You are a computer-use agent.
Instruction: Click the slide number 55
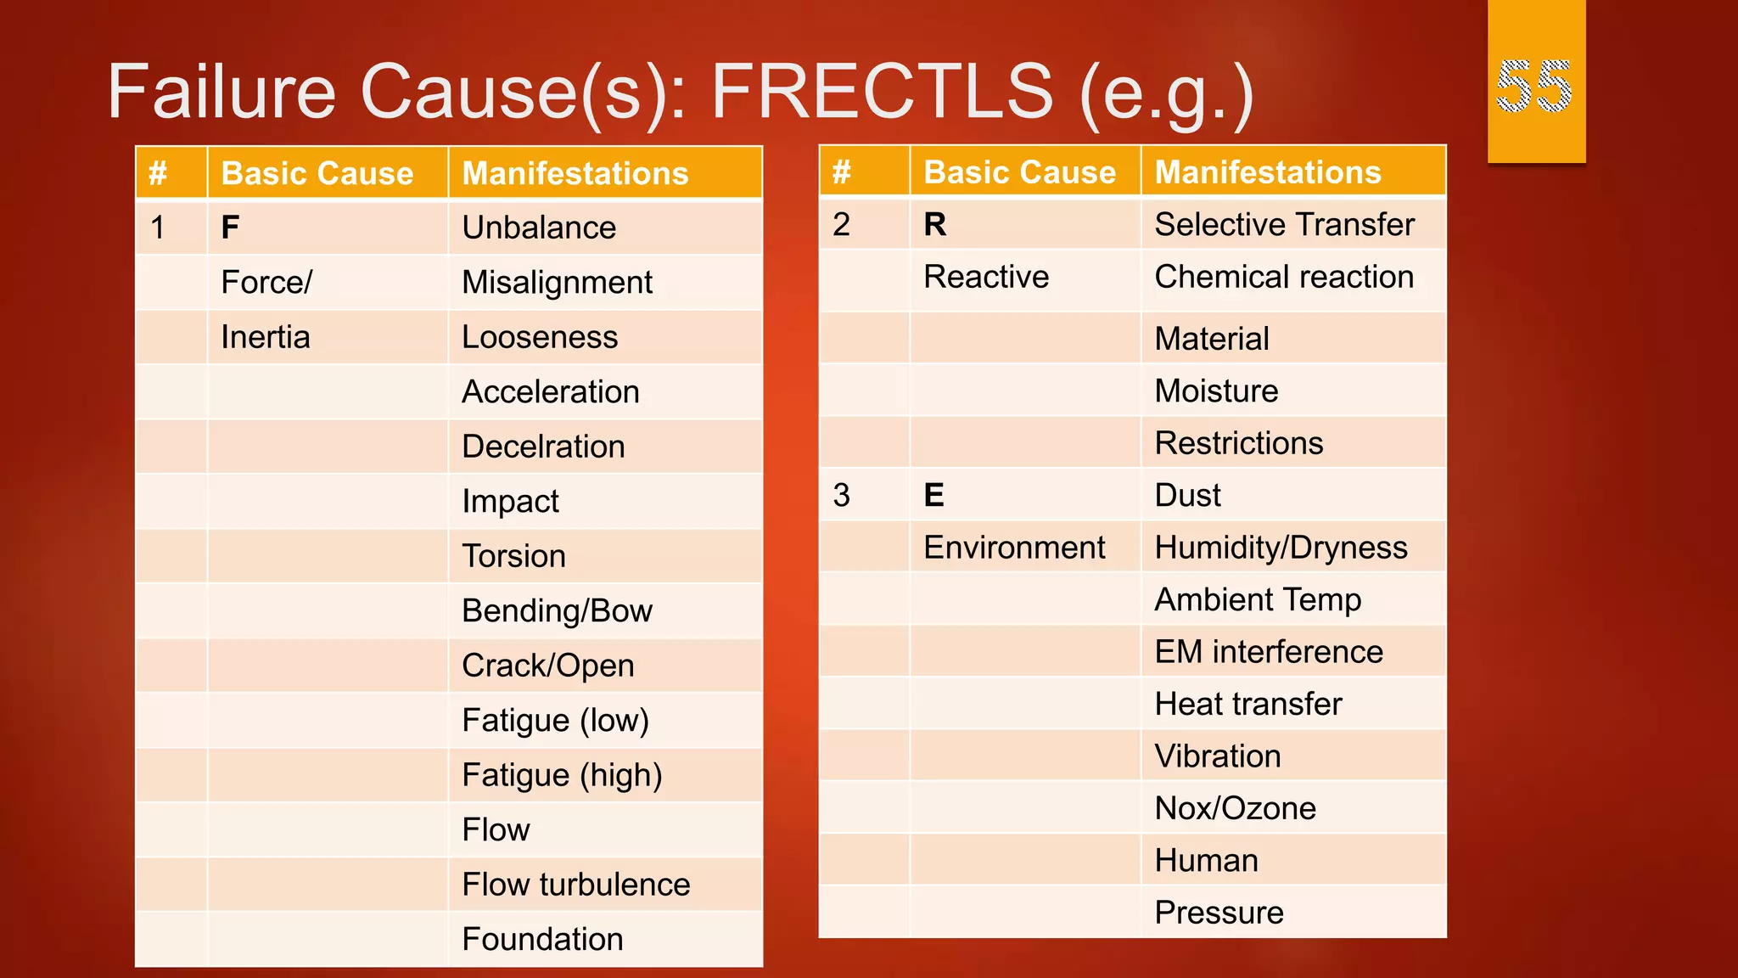(x=1534, y=86)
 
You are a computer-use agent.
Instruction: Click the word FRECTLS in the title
(x=882, y=92)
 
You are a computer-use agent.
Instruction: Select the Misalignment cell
(x=557, y=283)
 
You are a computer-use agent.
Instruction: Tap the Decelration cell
(x=543, y=447)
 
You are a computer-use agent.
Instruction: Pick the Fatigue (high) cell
(x=562, y=775)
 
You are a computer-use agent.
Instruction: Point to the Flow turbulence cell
(x=575, y=885)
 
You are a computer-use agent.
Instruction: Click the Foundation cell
(x=542, y=939)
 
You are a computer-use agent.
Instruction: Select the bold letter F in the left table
(x=230, y=228)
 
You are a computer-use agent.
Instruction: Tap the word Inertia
(x=266, y=337)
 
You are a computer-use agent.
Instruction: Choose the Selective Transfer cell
(x=1284, y=225)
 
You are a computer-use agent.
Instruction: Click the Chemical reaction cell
(x=1284, y=278)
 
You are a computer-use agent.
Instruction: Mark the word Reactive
(x=986, y=278)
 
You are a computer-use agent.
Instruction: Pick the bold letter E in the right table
(x=933, y=495)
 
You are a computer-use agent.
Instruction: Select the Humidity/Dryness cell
(x=1281, y=548)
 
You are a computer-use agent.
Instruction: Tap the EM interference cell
(x=1269, y=652)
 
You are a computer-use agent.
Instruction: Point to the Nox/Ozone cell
(x=1235, y=808)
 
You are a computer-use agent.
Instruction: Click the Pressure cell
(x=1219, y=913)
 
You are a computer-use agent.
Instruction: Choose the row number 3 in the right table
(x=841, y=495)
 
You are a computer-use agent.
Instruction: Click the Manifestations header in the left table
(x=575, y=173)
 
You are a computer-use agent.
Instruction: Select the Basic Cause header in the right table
(x=1019, y=172)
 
